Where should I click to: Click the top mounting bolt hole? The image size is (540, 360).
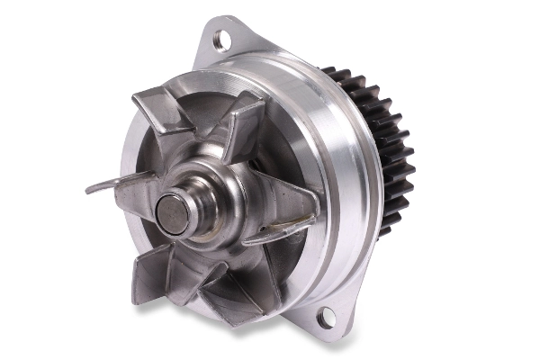(x=220, y=39)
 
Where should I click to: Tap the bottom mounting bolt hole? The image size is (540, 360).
(x=326, y=316)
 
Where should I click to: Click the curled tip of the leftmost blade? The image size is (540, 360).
(x=93, y=189)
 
